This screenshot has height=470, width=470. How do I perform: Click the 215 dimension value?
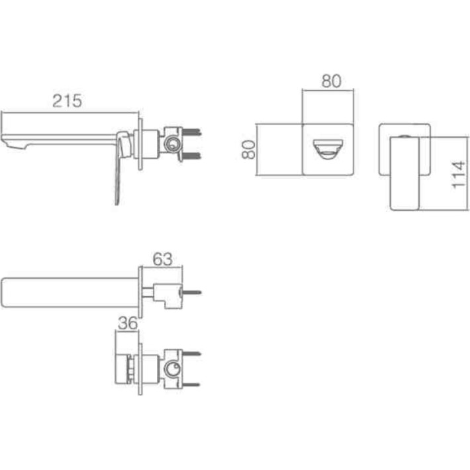click(x=67, y=101)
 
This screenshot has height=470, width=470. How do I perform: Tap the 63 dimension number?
click(x=162, y=259)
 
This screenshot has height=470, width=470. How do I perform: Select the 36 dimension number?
click(x=128, y=323)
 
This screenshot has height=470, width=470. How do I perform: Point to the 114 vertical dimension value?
click(x=458, y=175)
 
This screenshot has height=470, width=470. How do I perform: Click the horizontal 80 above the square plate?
click(x=331, y=81)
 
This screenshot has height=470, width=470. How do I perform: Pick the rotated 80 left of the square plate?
click(x=249, y=150)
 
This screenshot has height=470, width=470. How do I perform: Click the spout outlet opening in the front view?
click(x=328, y=149)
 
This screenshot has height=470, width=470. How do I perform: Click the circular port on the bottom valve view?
click(x=173, y=367)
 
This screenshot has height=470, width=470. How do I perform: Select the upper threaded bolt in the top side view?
click(x=192, y=132)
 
